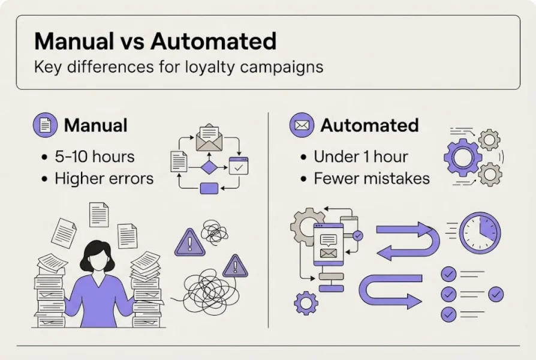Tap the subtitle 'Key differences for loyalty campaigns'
coord(178,67)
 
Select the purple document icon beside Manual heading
coord(45,125)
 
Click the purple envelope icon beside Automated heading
coord(302,125)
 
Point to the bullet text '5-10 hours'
coord(95,157)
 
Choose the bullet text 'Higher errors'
coord(104,178)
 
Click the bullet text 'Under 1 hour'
coord(361,157)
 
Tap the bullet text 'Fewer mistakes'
coord(372,178)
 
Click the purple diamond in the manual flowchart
coord(209,167)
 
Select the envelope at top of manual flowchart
coord(209,138)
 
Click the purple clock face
coord(480,233)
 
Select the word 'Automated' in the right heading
coord(369,125)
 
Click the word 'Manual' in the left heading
coord(95,125)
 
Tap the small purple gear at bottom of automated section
coord(306,302)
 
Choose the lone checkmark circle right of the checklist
coord(496,294)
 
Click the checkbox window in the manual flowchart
coord(238,166)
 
